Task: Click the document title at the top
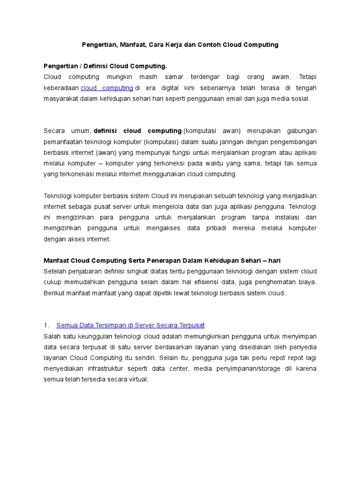coord(180,45)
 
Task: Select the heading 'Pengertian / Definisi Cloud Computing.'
coord(105,66)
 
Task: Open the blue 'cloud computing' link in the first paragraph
coord(107,88)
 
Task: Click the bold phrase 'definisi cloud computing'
coord(138,131)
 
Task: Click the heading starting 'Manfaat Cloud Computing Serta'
coord(162,261)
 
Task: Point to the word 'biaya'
coord(307,282)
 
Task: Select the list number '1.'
coord(46,325)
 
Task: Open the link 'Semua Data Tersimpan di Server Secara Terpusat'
coord(130,325)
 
